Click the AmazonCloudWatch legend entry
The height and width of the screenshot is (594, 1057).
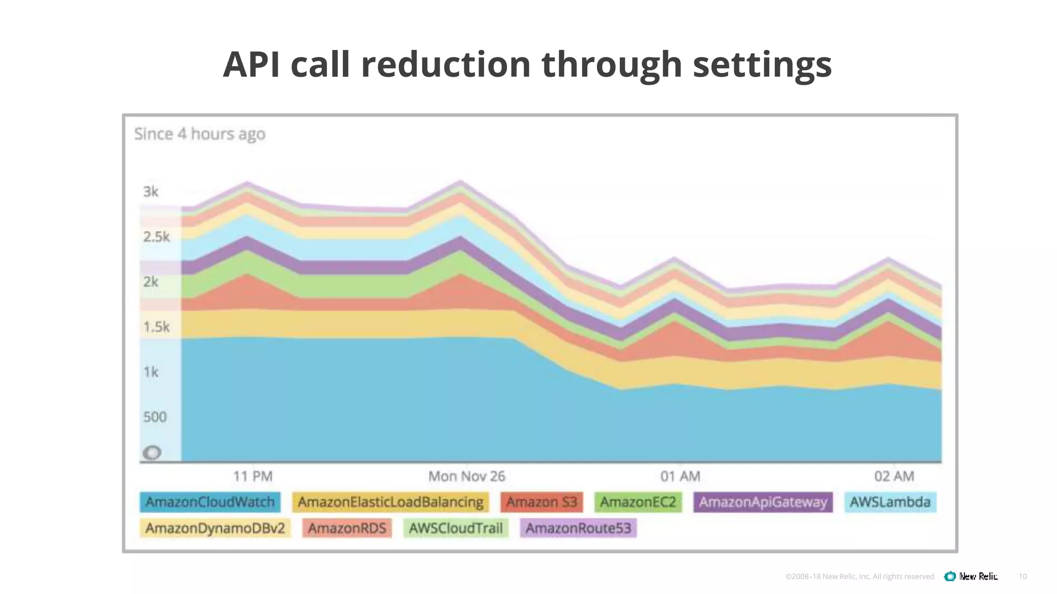[210, 502]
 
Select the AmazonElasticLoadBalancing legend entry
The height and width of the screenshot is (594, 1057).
[391, 502]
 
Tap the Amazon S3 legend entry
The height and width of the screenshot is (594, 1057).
[541, 502]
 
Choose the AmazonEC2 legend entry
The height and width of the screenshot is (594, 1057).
[638, 502]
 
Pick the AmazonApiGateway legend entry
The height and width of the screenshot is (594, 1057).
[763, 502]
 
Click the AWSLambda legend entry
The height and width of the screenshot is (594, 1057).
[890, 502]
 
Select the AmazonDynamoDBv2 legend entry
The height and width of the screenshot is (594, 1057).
[215, 528]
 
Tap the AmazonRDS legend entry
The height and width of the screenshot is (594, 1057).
[347, 528]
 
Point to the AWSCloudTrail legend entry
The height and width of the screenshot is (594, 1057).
[456, 528]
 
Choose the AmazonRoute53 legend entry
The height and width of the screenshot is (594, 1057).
[578, 528]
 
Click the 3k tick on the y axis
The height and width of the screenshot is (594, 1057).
[151, 192]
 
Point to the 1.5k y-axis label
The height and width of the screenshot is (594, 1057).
[156, 327]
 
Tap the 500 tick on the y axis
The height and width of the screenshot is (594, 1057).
[155, 417]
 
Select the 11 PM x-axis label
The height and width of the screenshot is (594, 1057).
[252, 476]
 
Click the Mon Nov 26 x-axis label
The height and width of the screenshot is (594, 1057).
[467, 476]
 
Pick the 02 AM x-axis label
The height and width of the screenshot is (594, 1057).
[894, 476]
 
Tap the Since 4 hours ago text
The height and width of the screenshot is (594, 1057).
[200, 134]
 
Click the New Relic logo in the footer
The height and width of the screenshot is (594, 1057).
[971, 576]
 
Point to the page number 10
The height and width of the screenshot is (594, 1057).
[1022, 576]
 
